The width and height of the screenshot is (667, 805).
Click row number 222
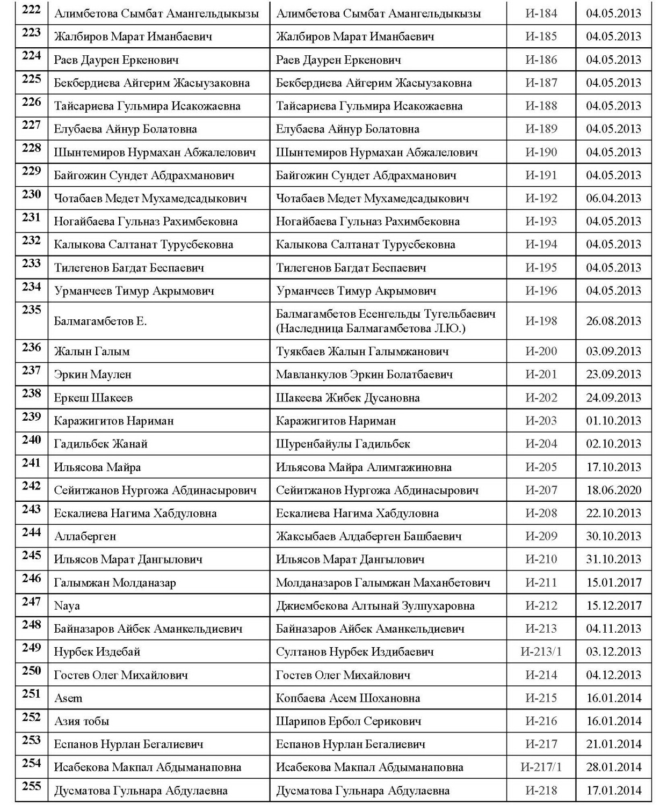coord(31,10)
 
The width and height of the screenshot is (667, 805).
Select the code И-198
coord(541,321)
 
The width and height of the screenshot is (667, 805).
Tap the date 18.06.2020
coord(613,490)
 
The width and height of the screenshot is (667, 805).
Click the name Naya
coord(67,606)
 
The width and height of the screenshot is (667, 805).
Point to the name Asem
coord(68,698)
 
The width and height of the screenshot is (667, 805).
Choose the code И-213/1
coord(541,652)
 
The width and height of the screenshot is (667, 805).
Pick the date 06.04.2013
coord(613,198)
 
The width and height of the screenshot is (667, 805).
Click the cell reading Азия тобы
coord(82,721)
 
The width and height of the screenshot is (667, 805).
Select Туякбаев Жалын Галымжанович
coord(363,352)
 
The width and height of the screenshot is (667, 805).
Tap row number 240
coord(31,440)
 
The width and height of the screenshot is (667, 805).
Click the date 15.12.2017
coord(613,606)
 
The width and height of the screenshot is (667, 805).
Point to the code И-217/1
coord(541,767)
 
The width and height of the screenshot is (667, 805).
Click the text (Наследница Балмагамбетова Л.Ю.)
coord(371,328)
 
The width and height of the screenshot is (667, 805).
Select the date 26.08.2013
coord(613,321)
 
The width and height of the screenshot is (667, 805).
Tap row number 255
coord(31,786)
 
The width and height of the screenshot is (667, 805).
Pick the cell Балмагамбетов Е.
coord(100,321)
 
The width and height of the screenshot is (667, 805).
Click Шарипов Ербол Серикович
coord(349,721)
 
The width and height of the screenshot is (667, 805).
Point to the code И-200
coord(541,352)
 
